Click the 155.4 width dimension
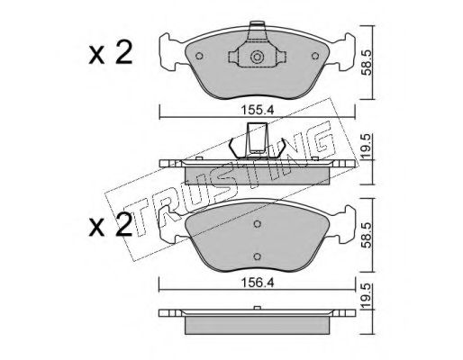coord(257,110)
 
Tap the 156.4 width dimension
coord(257,283)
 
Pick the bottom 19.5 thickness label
coord(367,297)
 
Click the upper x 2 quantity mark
coord(111,53)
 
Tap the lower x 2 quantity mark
coord(111,226)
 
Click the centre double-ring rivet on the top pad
coord(257,57)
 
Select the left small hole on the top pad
coord(199,56)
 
